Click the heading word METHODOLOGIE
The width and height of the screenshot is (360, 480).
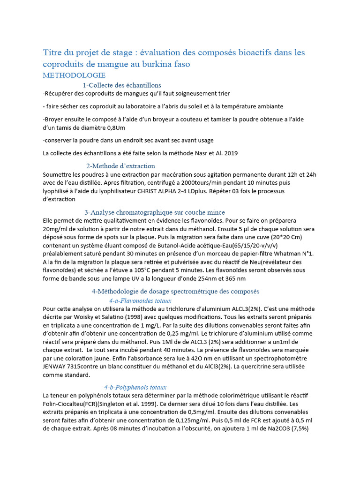74,75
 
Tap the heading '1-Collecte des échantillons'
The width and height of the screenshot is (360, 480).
122,85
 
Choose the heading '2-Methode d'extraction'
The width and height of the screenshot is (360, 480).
121,166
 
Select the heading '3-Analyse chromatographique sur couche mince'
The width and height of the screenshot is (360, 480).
155,212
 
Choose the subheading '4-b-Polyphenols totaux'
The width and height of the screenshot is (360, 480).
135,387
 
